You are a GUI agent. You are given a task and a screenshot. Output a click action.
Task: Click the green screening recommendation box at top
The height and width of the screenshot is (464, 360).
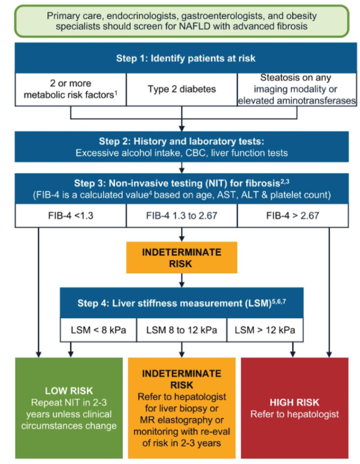[x=181, y=21]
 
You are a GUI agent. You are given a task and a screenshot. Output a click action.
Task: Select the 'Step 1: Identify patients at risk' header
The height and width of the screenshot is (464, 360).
[x=186, y=58]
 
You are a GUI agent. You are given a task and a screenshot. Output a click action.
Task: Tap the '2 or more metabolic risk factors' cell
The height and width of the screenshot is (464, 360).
[x=71, y=89]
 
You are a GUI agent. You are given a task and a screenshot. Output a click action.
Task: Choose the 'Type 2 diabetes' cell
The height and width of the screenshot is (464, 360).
[x=181, y=89]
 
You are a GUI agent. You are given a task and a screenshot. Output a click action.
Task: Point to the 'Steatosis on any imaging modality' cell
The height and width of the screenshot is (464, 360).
[x=297, y=89]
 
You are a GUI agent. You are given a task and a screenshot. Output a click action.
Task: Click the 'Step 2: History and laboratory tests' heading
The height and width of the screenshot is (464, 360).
[x=181, y=141]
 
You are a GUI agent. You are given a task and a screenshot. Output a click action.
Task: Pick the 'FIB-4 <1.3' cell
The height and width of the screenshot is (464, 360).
[x=71, y=215]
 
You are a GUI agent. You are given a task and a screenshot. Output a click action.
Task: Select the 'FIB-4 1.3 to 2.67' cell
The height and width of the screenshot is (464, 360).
[x=181, y=215]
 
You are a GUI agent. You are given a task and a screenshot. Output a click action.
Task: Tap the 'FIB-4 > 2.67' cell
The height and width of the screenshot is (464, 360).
[x=293, y=215]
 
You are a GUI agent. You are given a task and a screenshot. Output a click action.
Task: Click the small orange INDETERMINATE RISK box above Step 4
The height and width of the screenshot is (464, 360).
[x=181, y=257]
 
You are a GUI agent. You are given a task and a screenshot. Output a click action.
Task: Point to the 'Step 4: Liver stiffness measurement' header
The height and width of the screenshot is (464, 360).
[x=181, y=303]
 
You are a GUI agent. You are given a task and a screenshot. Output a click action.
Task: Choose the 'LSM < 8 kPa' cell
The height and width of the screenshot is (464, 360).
[x=98, y=330]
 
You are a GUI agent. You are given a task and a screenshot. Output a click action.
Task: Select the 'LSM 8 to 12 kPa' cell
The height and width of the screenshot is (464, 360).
[x=181, y=330]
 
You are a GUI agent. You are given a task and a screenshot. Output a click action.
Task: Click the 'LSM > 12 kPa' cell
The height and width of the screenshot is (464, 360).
[x=265, y=330]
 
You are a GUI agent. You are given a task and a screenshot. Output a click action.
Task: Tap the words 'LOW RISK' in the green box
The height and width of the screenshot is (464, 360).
[x=69, y=391]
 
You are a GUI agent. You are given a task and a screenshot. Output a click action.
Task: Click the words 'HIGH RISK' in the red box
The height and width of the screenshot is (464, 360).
[x=294, y=402]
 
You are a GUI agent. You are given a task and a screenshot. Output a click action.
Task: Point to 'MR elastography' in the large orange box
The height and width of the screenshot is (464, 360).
[x=182, y=420]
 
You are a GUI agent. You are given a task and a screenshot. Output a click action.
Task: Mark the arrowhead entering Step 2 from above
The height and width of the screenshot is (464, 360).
[x=181, y=128]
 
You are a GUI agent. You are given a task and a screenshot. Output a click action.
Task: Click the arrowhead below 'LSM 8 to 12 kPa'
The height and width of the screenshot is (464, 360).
[x=181, y=354]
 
